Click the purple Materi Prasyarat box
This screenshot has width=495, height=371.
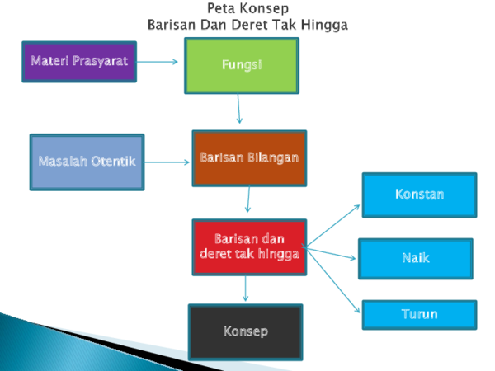click(79, 62)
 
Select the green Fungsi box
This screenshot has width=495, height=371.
click(242, 66)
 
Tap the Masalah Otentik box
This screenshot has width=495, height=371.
click(87, 162)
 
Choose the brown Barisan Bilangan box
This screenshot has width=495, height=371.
click(249, 158)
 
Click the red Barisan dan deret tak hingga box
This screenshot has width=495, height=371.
click(249, 247)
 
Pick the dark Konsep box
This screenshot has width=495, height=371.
click(246, 332)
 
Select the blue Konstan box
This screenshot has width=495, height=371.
click(420, 195)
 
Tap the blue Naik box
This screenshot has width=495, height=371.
click(416, 259)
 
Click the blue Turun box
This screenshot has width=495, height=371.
click(420, 315)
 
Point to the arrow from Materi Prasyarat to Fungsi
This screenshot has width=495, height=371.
click(158, 62)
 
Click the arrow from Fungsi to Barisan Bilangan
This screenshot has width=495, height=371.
click(238, 109)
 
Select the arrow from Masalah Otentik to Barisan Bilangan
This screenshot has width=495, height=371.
click(167, 162)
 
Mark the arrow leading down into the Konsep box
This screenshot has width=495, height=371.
click(245, 289)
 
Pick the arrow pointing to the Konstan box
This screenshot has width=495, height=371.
click(332, 225)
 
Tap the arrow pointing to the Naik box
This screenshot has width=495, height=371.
click(331, 253)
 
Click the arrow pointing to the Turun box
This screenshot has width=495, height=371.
click(332, 279)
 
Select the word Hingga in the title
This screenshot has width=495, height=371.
click(324, 26)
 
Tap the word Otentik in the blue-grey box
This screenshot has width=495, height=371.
click(114, 162)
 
